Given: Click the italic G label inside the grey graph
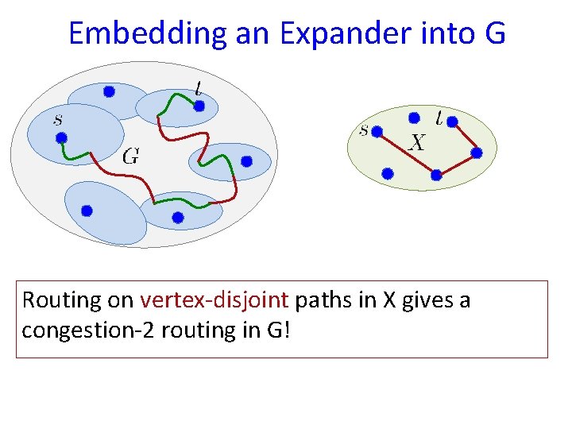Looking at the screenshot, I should (x=131, y=157).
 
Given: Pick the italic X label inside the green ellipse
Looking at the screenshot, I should (x=417, y=143).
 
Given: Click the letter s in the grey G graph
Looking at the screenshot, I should (x=57, y=120).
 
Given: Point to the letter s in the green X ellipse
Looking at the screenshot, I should (x=364, y=129).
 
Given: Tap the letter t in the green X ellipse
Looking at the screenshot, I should (x=439, y=118).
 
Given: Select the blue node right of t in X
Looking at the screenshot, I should (x=452, y=122).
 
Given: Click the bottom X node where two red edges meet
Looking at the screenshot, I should (x=435, y=175).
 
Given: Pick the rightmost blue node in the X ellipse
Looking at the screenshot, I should (x=477, y=152).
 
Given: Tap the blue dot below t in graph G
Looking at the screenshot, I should (x=199, y=105).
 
